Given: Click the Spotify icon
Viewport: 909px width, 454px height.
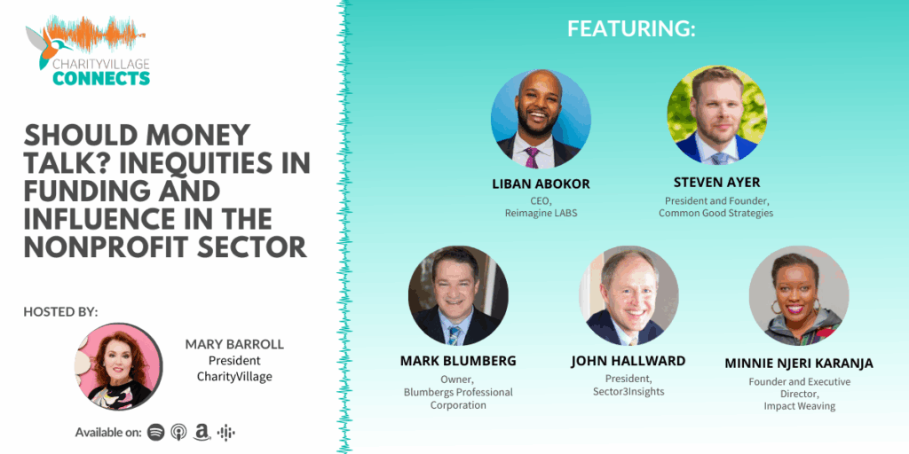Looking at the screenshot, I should pyautogui.click(x=155, y=432).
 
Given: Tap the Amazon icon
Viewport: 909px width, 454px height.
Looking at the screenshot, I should pyautogui.click(x=202, y=432).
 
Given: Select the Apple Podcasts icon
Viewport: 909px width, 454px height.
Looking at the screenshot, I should pyautogui.click(x=178, y=432).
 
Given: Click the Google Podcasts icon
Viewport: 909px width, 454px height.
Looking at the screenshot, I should pyautogui.click(x=225, y=432).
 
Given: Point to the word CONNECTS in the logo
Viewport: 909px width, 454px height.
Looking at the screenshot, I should pyautogui.click(x=101, y=78).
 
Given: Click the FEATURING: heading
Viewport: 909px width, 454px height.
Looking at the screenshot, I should pyautogui.click(x=631, y=28).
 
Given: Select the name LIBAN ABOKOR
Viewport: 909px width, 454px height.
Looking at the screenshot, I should pyautogui.click(x=541, y=184).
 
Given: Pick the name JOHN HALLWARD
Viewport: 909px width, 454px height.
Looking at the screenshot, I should pyautogui.click(x=628, y=361).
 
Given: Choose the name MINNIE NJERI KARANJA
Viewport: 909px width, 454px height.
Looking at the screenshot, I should pyautogui.click(x=799, y=363).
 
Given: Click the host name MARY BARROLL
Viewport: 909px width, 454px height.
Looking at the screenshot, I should pyautogui.click(x=234, y=344).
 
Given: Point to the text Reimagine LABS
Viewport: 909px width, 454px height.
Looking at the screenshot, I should pyautogui.click(x=541, y=214).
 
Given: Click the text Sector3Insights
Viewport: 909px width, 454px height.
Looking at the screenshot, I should pyautogui.click(x=628, y=391).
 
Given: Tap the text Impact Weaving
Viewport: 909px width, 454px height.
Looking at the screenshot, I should pyautogui.click(x=799, y=406).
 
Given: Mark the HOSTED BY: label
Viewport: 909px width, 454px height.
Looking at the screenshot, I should pyautogui.click(x=60, y=311).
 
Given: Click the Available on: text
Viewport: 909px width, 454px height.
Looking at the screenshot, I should pyautogui.click(x=108, y=433).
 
